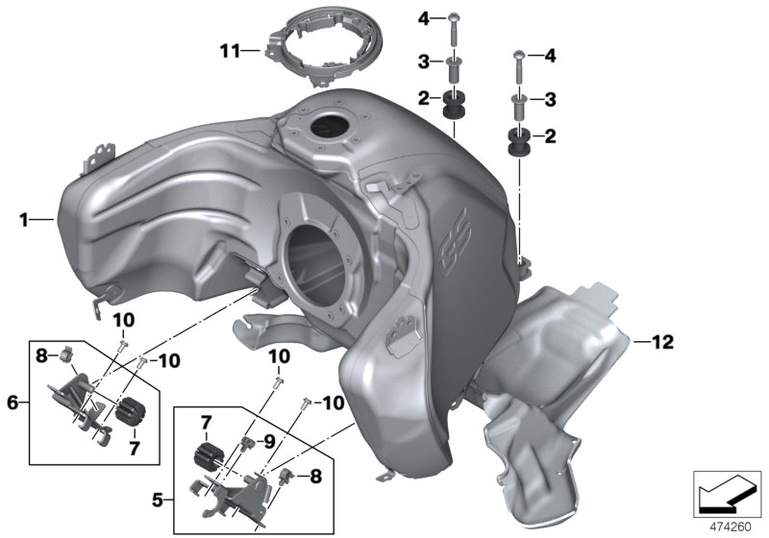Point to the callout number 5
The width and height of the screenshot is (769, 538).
(x=158, y=500)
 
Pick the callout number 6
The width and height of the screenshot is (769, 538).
(x=12, y=403)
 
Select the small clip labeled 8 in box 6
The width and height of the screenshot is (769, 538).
(x=68, y=356)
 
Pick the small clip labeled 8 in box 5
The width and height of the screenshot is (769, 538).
(x=286, y=475)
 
